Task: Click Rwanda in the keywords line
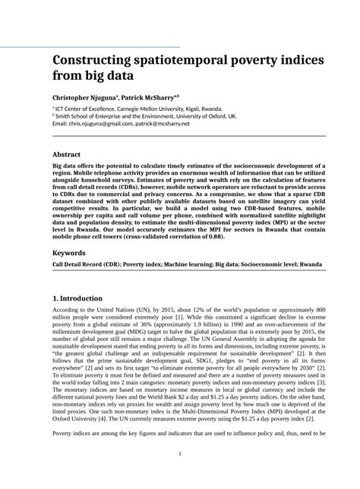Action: pos(311,265)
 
